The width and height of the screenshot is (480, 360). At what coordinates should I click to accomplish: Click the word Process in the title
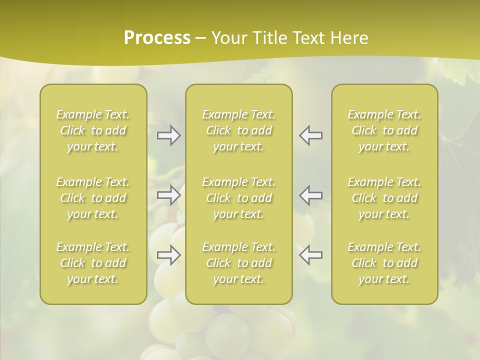(157, 38)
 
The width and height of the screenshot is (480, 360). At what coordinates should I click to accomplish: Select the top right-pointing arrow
(168, 135)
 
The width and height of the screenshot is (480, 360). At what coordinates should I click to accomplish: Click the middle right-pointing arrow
(168, 195)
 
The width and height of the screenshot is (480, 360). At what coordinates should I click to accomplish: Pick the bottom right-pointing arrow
(168, 255)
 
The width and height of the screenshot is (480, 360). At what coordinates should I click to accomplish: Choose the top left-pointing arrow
(311, 135)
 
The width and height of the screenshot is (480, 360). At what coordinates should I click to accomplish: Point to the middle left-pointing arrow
(311, 195)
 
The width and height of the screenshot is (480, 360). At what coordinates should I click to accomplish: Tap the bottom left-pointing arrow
(311, 255)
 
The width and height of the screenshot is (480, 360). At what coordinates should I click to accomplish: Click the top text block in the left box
(93, 130)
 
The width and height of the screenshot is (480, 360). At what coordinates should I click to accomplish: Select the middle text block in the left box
(93, 198)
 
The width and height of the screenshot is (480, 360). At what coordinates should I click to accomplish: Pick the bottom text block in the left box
(93, 263)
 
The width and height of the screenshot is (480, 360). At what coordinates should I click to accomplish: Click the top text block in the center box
(239, 130)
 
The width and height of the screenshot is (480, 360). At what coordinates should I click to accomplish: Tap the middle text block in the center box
(239, 198)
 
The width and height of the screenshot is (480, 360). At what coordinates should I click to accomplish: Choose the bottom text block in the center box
(239, 263)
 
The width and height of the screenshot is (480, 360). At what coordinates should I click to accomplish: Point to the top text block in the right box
(384, 130)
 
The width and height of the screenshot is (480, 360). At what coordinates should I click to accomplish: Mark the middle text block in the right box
(384, 198)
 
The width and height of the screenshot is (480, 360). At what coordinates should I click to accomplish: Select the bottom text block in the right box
(384, 263)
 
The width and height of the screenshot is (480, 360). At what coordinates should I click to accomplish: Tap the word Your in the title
(228, 38)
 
